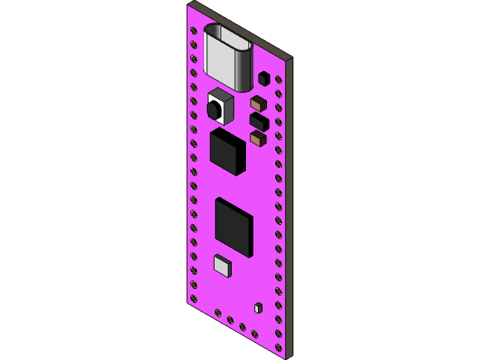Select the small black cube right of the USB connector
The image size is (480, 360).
[x=264, y=79]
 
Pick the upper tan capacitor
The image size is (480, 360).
[x=258, y=103]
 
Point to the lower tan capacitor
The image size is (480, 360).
[x=258, y=139]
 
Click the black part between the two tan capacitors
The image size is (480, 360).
[x=259, y=121]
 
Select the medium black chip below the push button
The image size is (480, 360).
[x=226, y=151]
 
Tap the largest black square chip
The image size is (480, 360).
[x=233, y=226]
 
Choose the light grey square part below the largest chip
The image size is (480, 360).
[x=223, y=266]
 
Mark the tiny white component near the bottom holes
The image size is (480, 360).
[x=258, y=308]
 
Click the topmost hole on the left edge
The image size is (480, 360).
[x=193, y=31]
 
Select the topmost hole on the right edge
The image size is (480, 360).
[x=278, y=79]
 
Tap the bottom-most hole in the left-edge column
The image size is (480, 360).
[x=193, y=298]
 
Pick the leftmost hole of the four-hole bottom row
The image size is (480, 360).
[x=218, y=313]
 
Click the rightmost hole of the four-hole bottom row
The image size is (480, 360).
[x=254, y=334]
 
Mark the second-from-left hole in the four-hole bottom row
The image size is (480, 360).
[x=230, y=319]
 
